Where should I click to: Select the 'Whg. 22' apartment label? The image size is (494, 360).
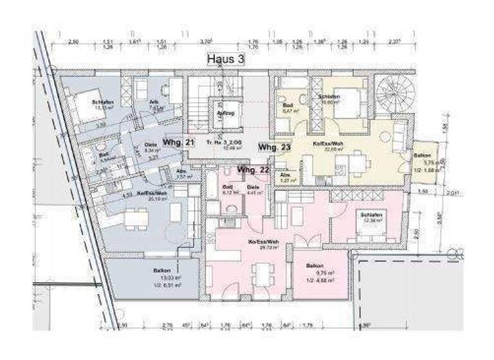pos(253,170)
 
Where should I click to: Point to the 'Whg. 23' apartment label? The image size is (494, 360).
pos(275,147)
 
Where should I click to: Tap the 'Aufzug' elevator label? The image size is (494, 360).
pos(224,113)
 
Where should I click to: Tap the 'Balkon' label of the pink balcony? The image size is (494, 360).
pos(315,265)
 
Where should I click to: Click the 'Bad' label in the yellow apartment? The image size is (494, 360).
pos(288,104)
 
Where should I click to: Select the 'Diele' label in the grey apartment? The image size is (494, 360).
pos(151,145)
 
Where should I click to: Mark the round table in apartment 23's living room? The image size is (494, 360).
pos(384,136)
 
